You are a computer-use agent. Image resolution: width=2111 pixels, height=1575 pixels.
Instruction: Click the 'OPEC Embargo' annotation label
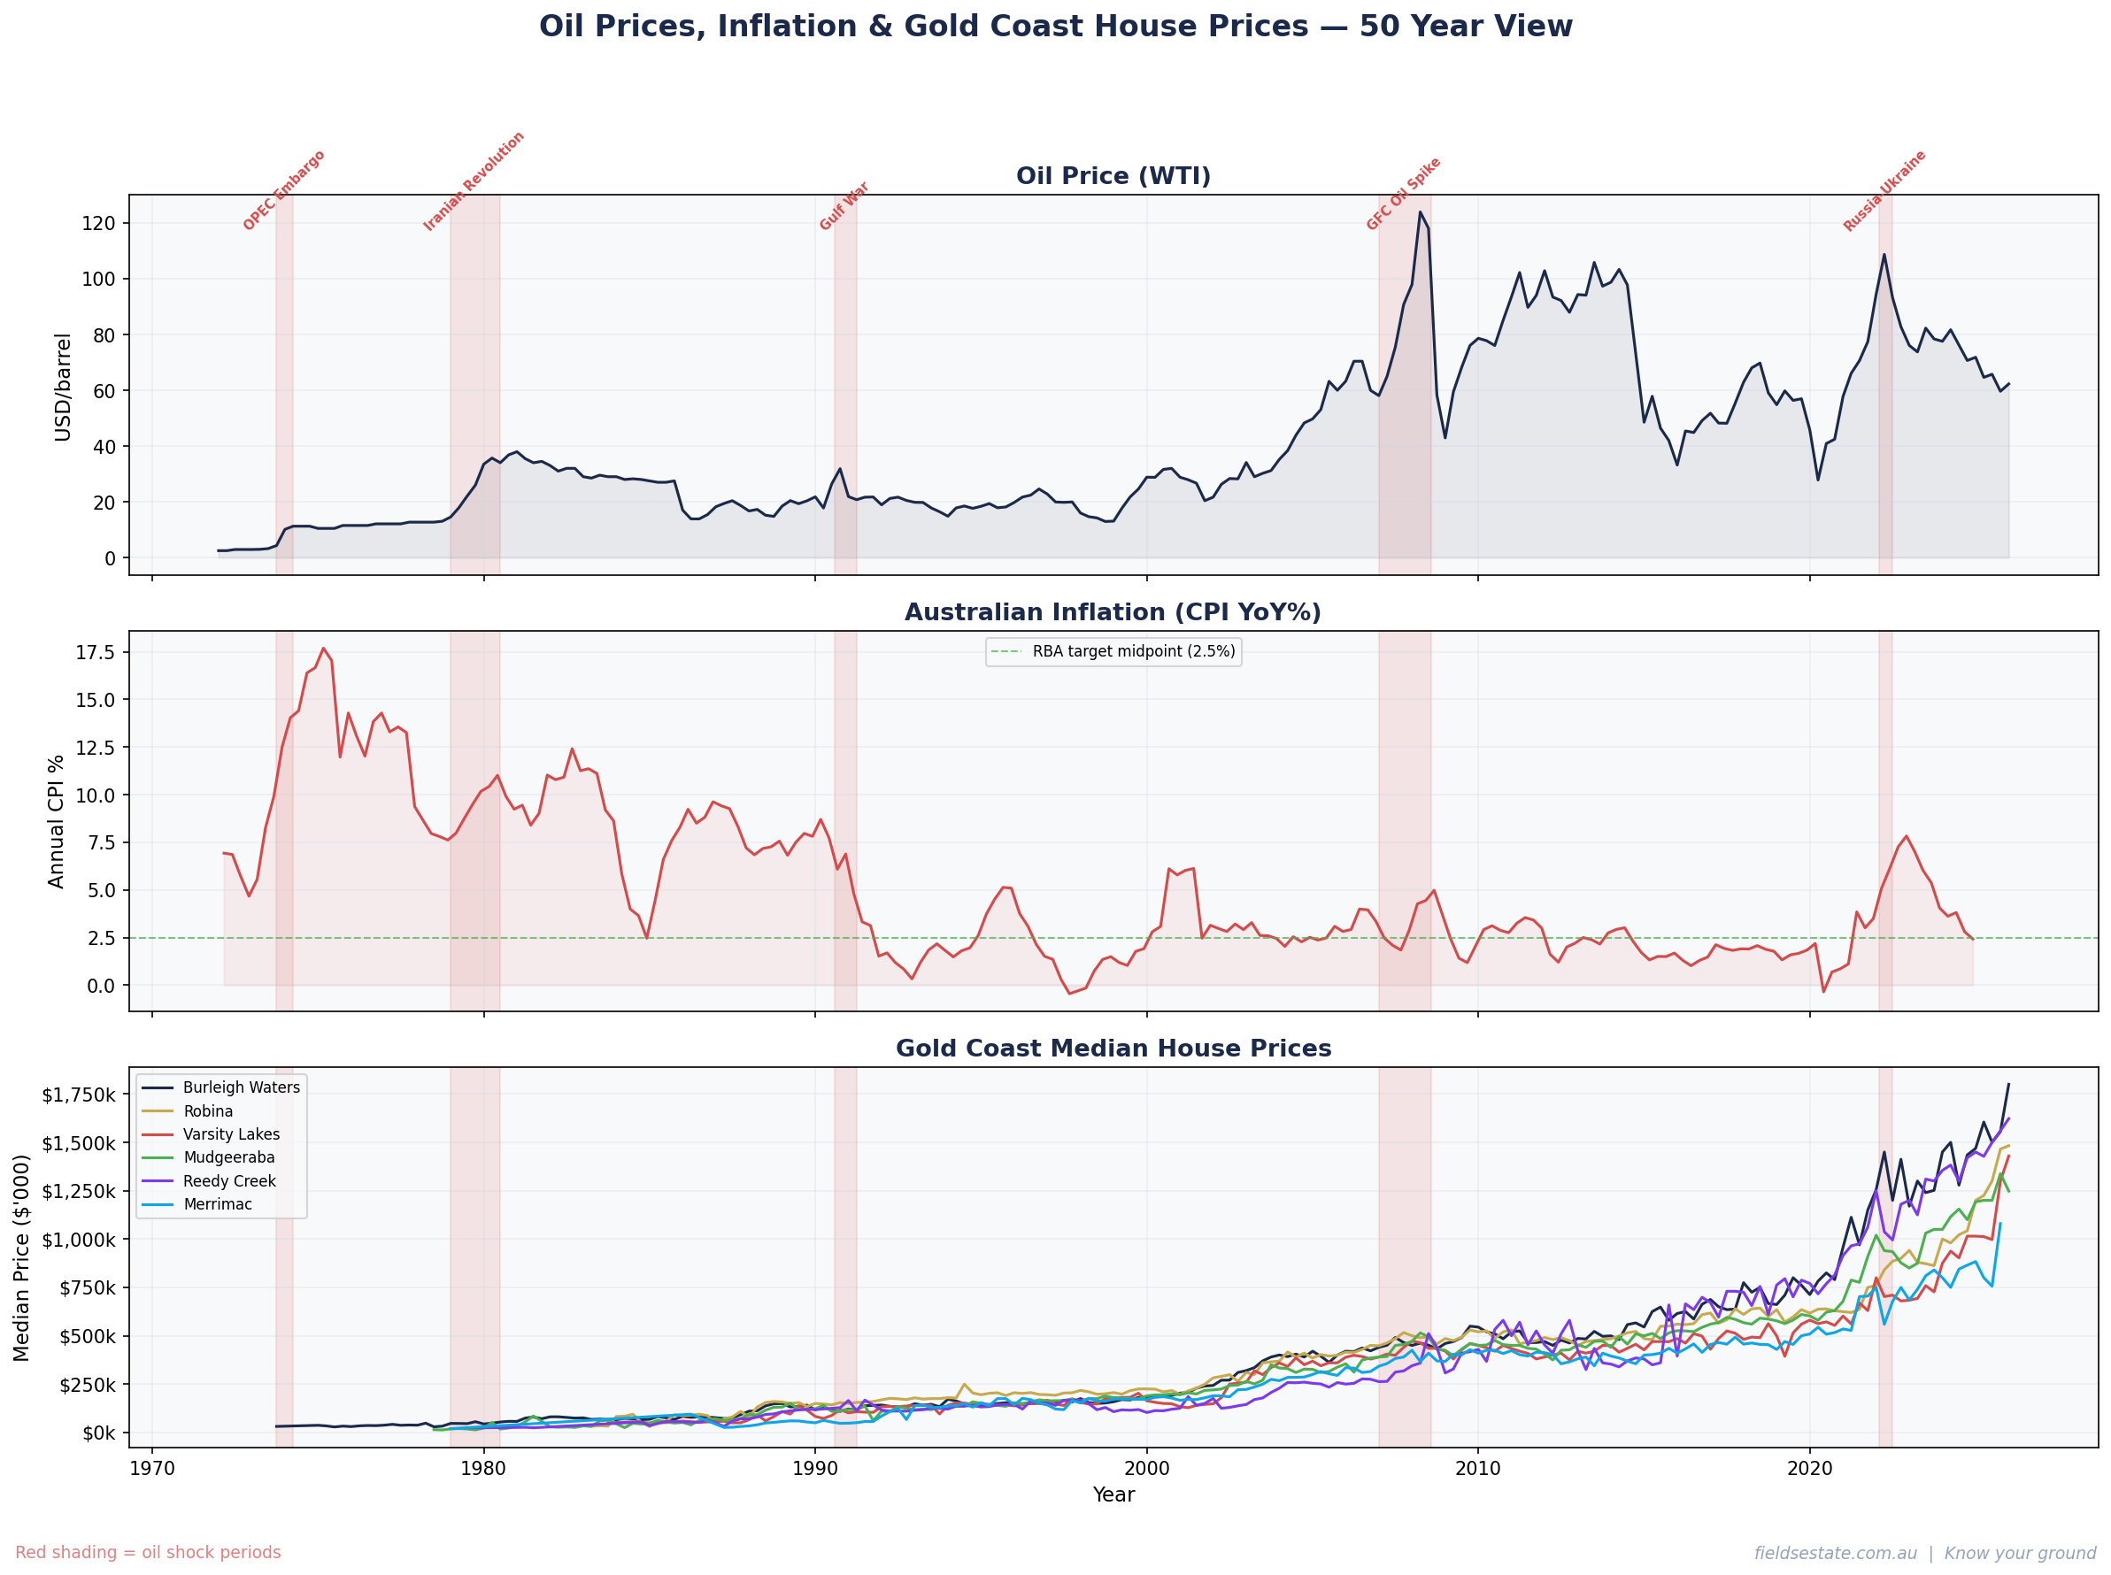284,190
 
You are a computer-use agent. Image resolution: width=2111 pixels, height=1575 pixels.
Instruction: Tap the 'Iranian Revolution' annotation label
474,181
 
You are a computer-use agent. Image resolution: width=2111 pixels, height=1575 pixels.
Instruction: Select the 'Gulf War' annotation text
844,206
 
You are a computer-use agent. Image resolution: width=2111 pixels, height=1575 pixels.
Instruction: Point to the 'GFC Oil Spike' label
1403,195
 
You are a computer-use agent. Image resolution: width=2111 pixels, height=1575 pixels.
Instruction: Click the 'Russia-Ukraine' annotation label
1884,190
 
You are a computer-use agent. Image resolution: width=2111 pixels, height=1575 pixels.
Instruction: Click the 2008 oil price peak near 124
1420,211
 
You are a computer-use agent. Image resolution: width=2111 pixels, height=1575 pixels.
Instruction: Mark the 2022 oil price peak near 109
1884,255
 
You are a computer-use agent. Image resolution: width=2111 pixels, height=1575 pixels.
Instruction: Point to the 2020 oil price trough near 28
1818,480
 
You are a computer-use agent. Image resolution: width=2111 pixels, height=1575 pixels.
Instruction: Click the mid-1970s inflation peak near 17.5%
323,649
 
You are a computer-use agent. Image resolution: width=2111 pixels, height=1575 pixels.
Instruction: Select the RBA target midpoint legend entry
1113,651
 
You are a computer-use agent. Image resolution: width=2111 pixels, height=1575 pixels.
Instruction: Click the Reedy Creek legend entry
229,1181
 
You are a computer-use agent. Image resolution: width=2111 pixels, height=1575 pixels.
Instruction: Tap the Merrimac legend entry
218,1204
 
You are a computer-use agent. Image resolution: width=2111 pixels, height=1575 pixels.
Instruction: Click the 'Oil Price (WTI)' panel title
1113,176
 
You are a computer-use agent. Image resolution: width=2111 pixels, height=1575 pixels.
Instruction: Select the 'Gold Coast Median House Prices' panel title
1113,1049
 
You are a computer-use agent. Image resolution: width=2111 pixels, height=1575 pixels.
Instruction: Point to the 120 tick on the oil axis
98,223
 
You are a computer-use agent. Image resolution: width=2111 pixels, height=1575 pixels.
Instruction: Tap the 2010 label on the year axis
1477,1468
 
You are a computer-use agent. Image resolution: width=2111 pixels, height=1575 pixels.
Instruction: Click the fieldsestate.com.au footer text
1835,1553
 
